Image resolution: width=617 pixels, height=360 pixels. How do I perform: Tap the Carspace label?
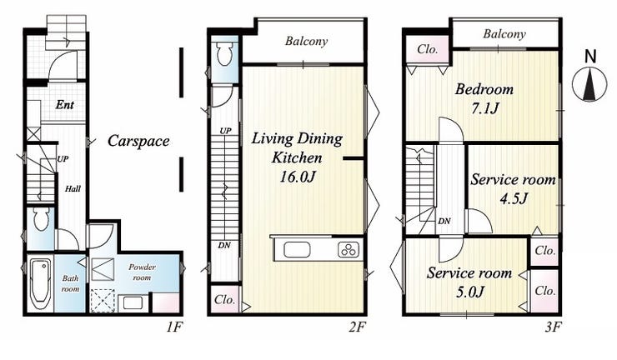(138, 141)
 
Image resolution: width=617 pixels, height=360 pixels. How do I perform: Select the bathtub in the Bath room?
(40, 284)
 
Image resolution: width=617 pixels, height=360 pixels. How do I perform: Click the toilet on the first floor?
(41, 219)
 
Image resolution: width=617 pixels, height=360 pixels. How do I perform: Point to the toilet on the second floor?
(225, 53)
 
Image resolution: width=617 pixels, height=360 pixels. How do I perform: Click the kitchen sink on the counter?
(297, 250)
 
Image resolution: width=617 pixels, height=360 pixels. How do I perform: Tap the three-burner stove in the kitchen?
(348, 250)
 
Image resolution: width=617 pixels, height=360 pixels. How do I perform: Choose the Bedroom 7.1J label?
(484, 98)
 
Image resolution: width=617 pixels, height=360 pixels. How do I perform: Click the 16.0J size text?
(298, 177)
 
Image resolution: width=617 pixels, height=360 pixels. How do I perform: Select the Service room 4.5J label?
(513, 189)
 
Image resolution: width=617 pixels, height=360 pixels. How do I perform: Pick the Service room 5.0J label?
(469, 282)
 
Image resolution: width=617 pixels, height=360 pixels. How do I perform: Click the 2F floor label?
(358, 327)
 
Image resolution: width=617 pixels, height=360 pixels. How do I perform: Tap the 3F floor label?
(553, 327)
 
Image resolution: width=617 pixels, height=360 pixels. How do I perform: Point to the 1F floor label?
(174, 327)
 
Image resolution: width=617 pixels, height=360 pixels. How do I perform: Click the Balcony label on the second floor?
(306, 42)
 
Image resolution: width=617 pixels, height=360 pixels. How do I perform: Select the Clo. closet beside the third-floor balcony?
(428, 49)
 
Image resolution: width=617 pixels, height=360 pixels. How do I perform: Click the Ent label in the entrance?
(65, 105)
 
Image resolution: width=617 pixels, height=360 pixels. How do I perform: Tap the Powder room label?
(142, 272)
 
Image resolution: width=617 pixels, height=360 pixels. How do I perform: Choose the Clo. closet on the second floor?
(224, 299)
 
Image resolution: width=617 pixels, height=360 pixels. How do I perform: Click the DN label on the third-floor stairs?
(444, 221)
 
